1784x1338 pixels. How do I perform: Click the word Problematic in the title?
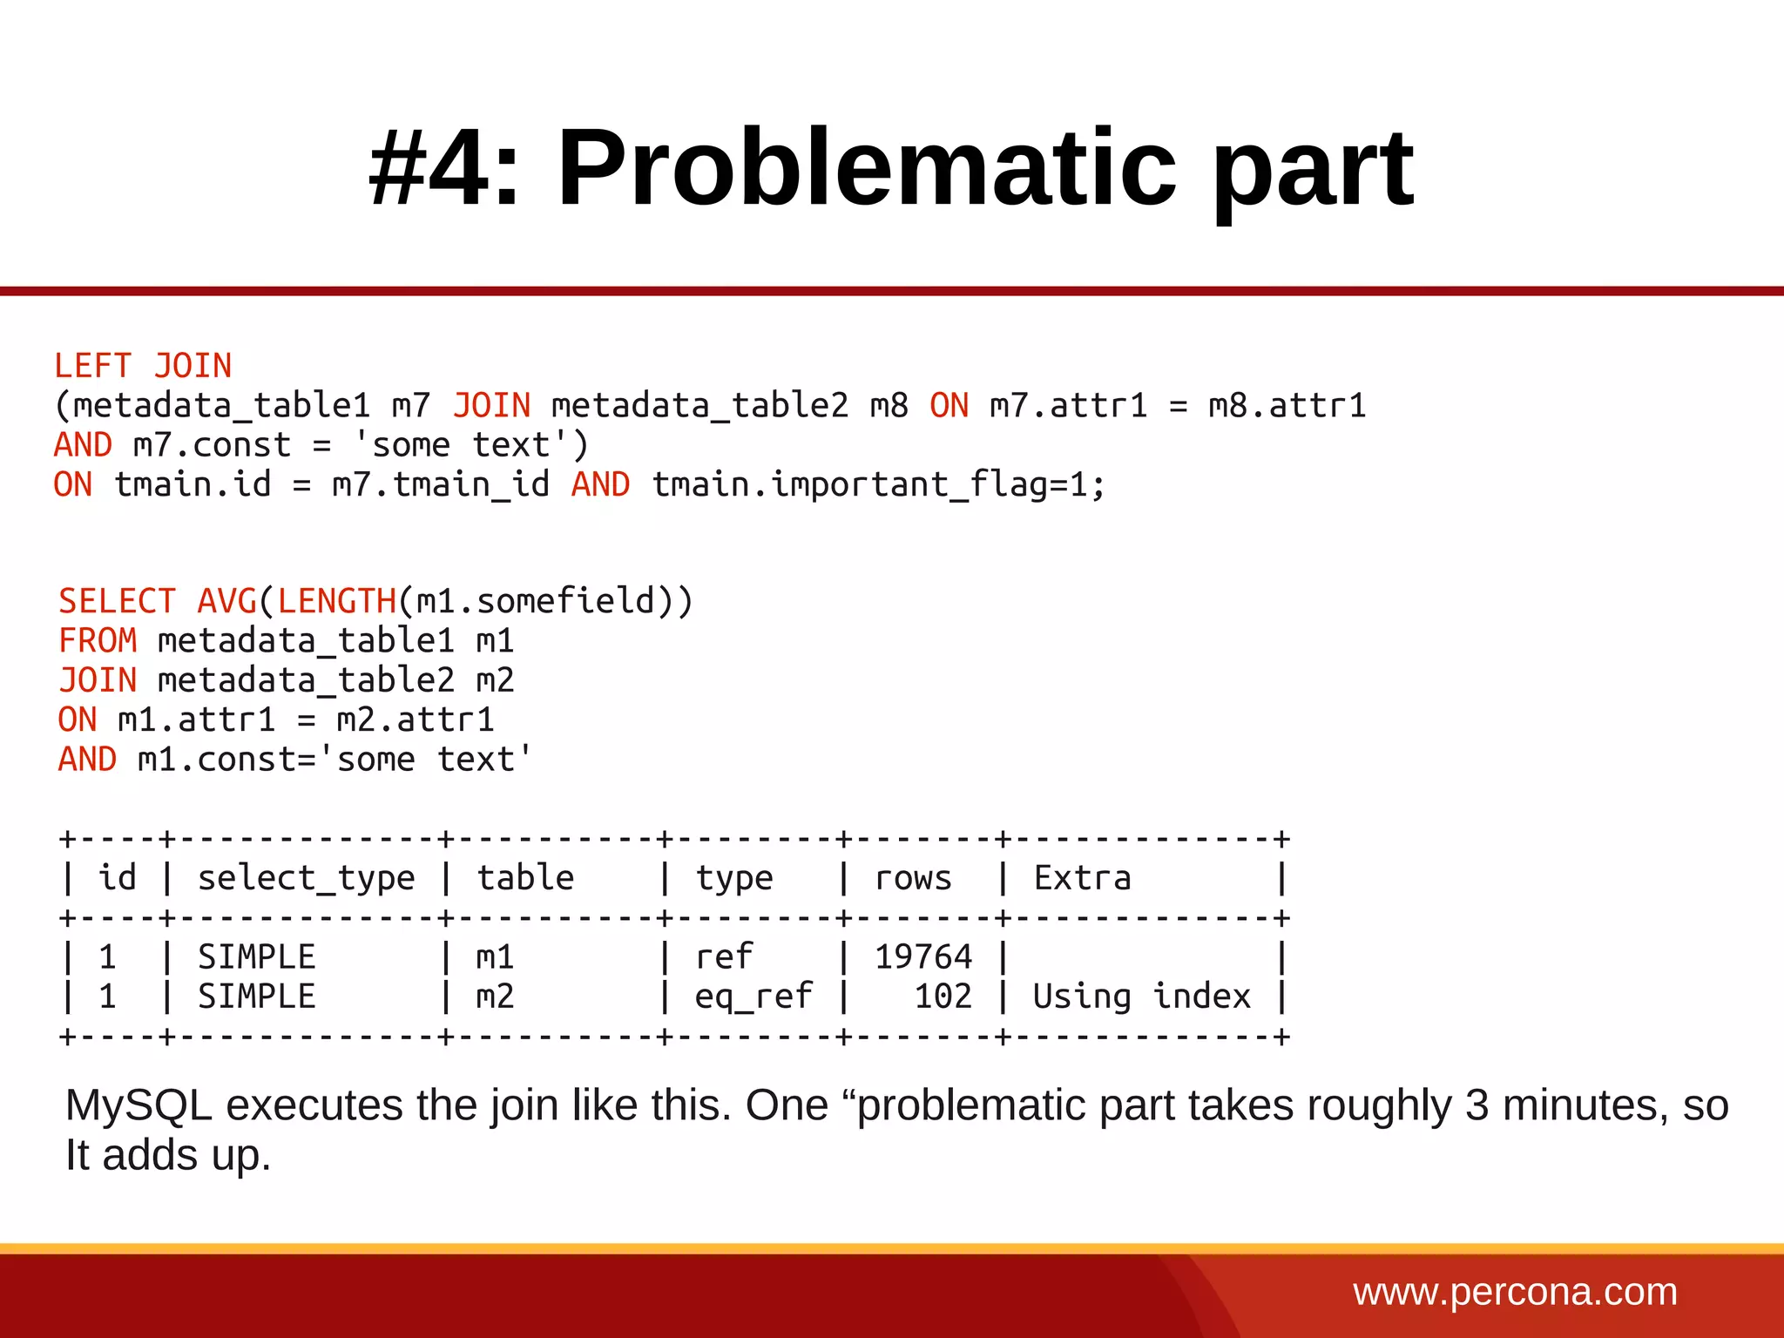[867, 167]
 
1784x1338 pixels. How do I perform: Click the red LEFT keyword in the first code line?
[92, 366]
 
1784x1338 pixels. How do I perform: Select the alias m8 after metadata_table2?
[889, 406]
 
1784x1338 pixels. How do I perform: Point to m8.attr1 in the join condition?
[1287, 406]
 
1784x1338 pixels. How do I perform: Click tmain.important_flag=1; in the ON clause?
[879, 484]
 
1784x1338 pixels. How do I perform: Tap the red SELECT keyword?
[117, 601]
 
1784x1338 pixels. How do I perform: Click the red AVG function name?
[226, 601]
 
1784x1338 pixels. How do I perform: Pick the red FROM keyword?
[98, 641]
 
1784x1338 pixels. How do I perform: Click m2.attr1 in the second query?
[416, 720]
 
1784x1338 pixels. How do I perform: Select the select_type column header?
[306, 878]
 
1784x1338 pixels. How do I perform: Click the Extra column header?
[1082, 878]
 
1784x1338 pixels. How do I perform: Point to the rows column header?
[913, 878]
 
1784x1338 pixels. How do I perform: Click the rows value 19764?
[923, 956]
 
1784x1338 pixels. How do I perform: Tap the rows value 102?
[943, 996]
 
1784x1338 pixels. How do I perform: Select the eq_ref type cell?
[753, 996]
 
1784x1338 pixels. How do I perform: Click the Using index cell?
[1141, 996]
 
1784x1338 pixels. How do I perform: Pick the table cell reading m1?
[495, 956]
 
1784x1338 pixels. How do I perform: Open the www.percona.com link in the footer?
[1515, 1292]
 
